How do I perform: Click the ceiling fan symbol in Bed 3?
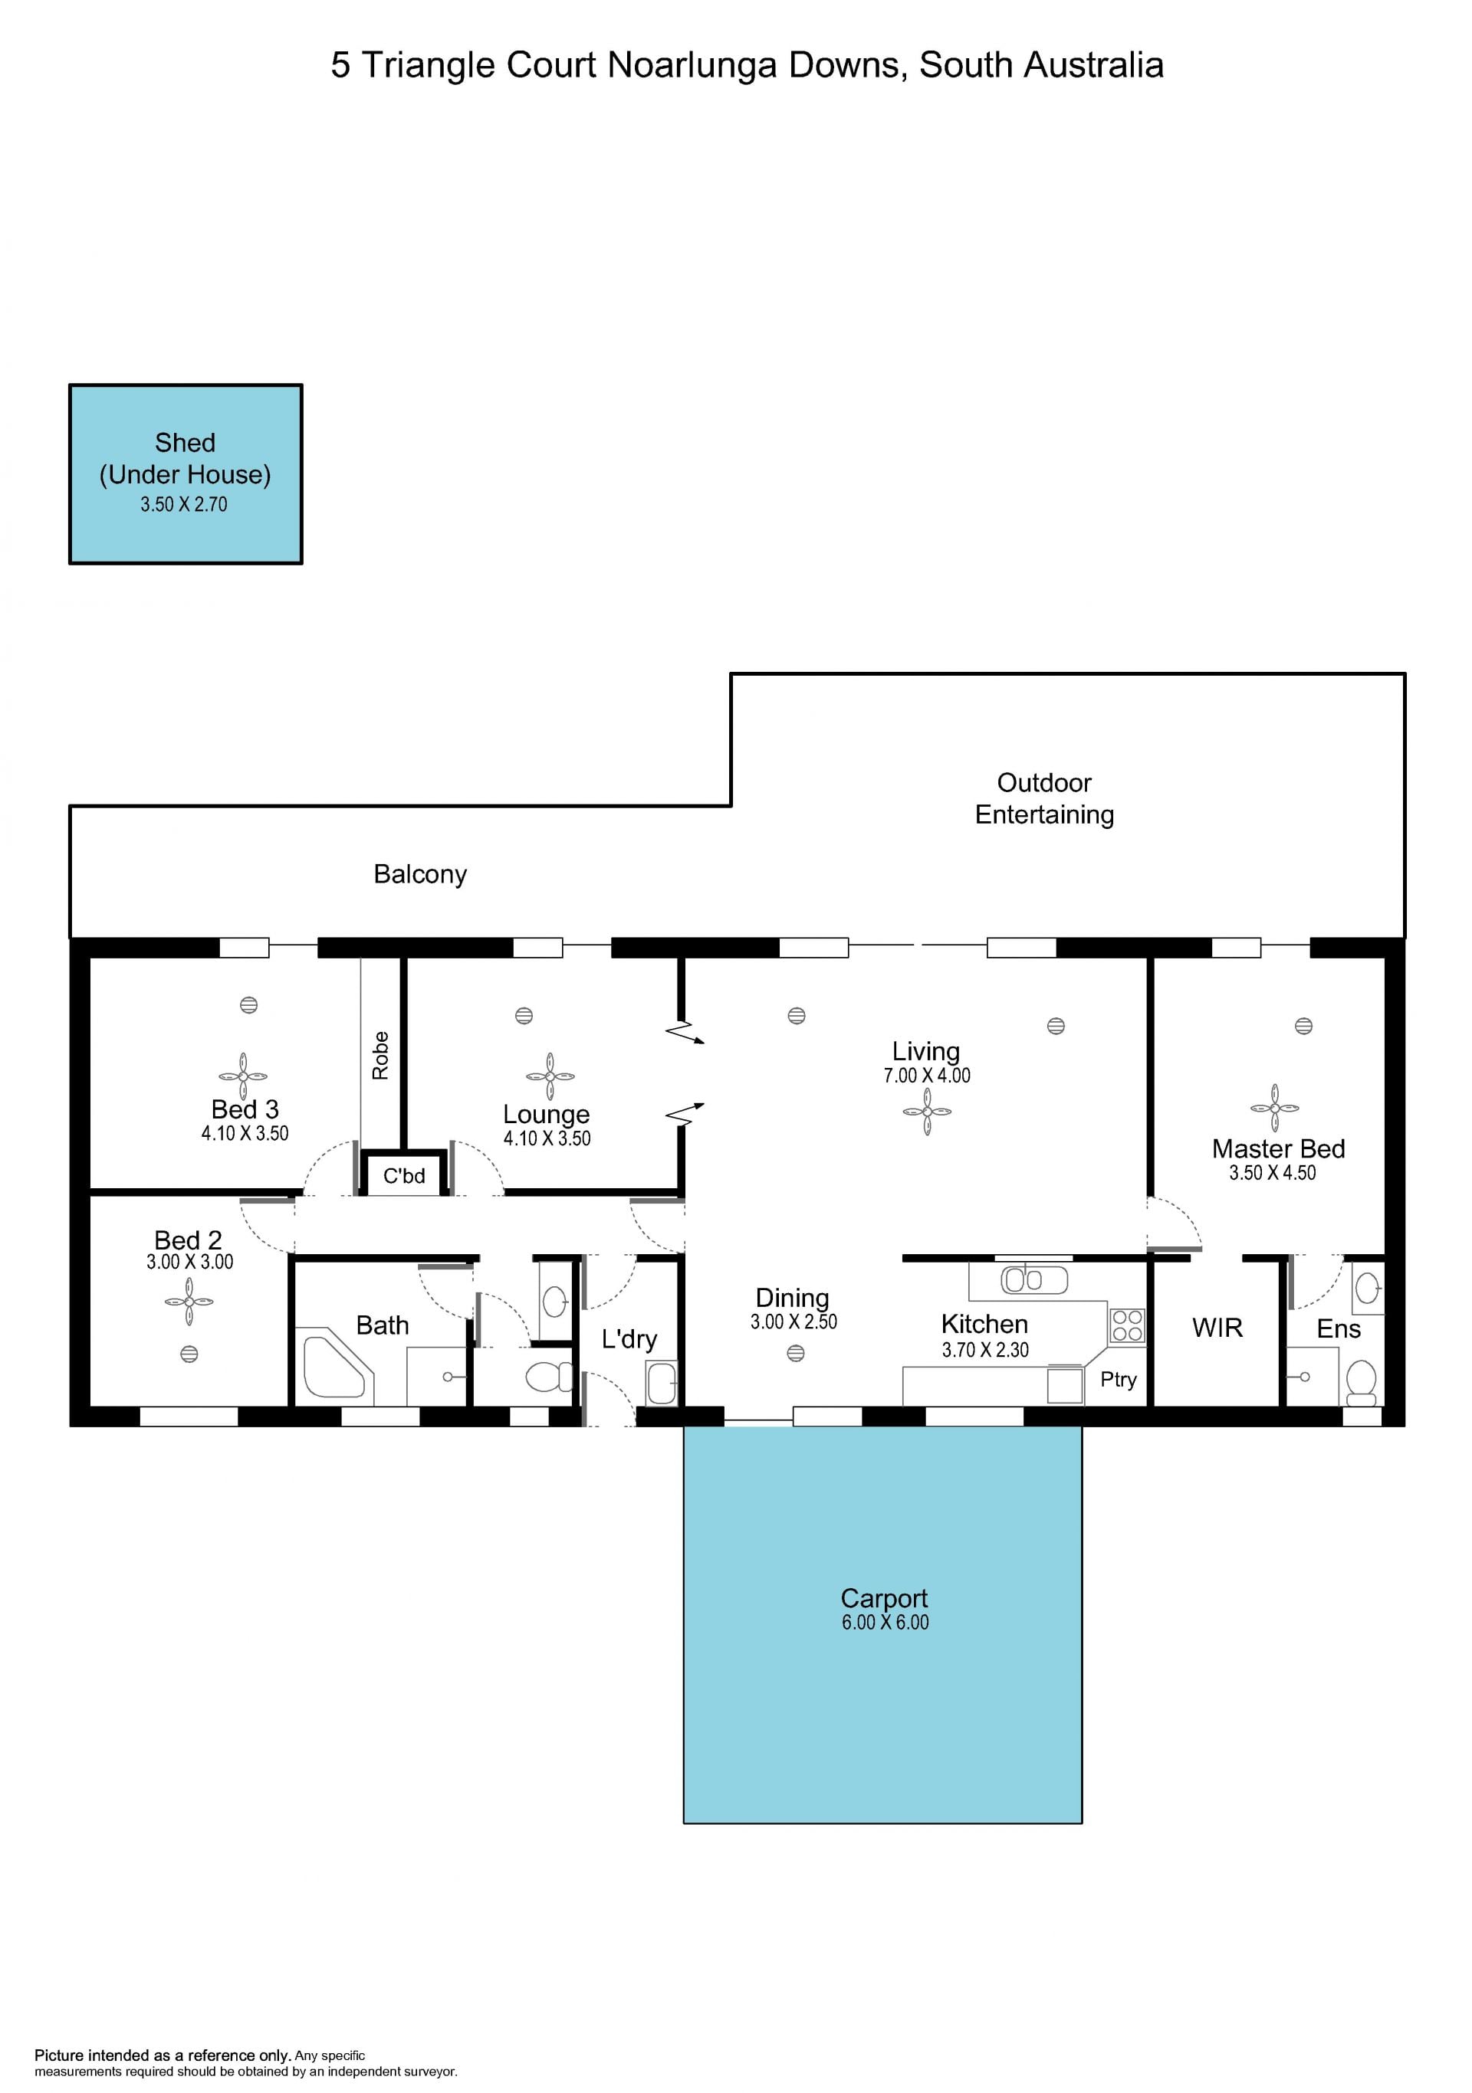point(244,1076)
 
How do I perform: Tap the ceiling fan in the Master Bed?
point(1275,1108)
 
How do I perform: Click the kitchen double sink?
point(1034,1280)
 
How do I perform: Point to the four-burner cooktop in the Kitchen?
point(1127,1325)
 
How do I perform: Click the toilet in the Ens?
point(1361,1383)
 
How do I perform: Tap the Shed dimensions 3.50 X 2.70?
point(183,504)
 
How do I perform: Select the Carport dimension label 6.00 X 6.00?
point(885,1622)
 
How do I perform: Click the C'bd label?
point(404,1176)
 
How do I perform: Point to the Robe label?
point(380,1056)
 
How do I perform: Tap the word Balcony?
point(419,874)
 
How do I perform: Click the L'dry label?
point(629,1339)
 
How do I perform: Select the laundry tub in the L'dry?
point(661,1383)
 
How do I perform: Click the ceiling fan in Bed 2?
point(189,1302)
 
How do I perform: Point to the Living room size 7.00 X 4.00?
point(927,1076)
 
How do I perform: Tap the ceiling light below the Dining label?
point(795,1354)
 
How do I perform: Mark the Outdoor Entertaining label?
point(1044,798)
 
